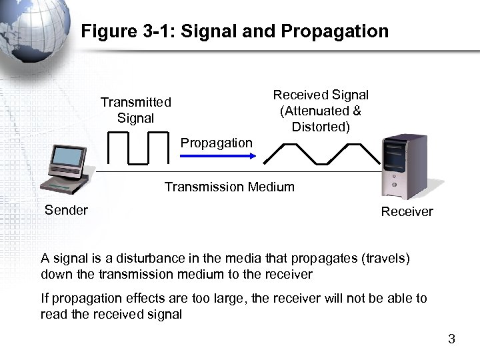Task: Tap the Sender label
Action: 66,211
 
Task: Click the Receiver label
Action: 407,212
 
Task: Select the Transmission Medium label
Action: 229,187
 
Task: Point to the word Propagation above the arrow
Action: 217,143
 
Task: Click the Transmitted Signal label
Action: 136,110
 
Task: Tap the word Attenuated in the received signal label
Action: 314,111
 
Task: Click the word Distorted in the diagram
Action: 320,127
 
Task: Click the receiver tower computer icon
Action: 404,167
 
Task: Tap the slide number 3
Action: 451,339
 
